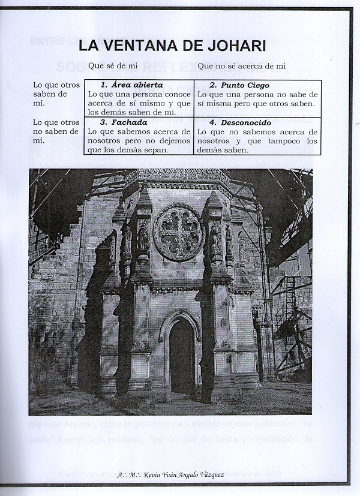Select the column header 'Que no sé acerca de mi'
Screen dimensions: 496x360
coord(241,64)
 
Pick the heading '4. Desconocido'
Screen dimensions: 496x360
coord(240,122)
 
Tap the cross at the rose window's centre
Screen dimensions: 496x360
coord(178,232)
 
